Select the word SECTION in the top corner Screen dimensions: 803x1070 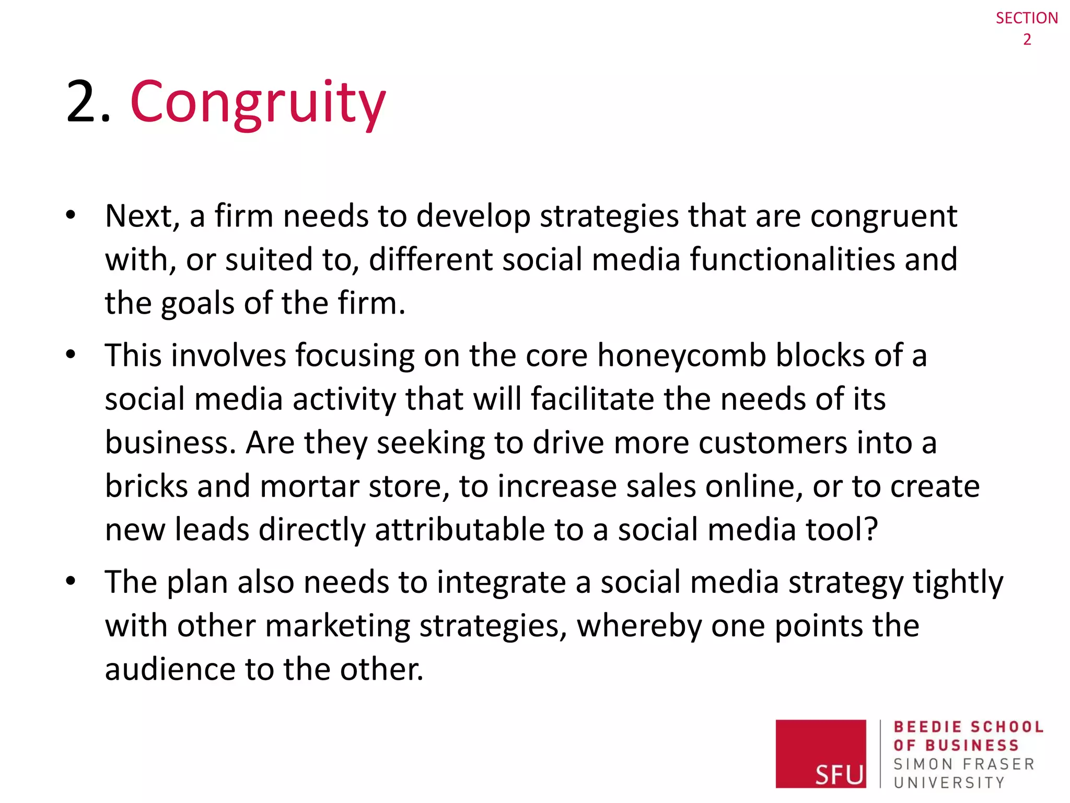pos(1026,18)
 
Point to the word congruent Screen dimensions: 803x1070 pos(883,216)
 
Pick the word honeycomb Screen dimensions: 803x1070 pos(681,355)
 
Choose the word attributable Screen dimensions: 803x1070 pos(460,530)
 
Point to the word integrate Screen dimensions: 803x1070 pos(501,582)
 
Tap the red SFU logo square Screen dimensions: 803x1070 pos(820,753)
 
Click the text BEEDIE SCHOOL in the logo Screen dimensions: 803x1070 pos(968,727)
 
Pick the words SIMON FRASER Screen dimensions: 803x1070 pos(964,764)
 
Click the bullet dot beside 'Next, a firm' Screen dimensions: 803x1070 pos(71,215)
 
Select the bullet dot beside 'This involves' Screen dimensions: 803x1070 pos(71,354)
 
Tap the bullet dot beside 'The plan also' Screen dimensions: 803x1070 pos(71,581)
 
